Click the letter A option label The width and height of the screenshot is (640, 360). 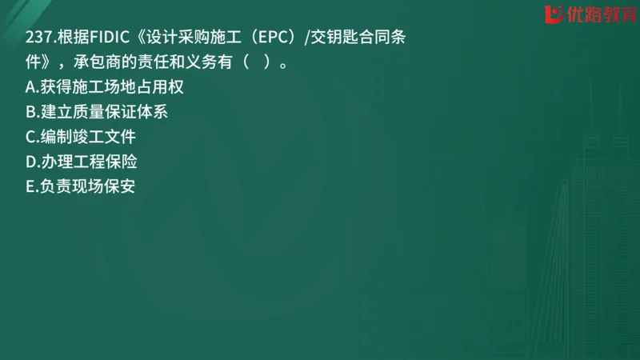(30, 87)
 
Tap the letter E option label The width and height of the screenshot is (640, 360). (30, 186)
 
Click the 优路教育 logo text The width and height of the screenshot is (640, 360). (595, 14)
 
